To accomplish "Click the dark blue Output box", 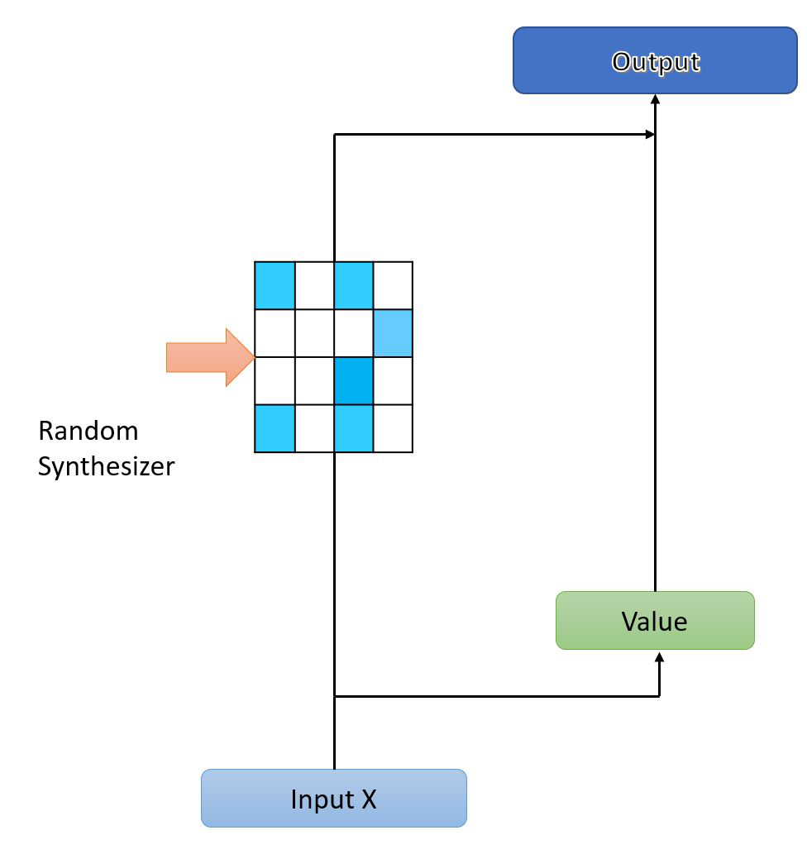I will coord(656,60).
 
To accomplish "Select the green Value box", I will coord(655,620).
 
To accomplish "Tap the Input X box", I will coord(334,799).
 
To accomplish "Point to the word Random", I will coord(88,431).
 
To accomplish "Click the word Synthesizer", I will coord(107,467).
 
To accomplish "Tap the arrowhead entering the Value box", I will coord(659,657).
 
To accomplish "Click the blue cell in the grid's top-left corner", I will coord(275,285).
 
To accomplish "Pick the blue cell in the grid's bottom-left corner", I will coord(275,428).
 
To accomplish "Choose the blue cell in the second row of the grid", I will coord(393,333).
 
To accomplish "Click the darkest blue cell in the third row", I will coord(354,381).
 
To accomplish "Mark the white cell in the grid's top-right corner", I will coord(393,285).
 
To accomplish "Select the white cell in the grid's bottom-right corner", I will coord(393,428).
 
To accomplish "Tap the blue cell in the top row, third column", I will coord(354,285).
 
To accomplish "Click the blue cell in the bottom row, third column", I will coord(354,428).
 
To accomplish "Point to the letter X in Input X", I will coord(368,799).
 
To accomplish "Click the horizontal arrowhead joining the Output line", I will coord(648,133).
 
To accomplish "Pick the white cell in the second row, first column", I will coord(275,333).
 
